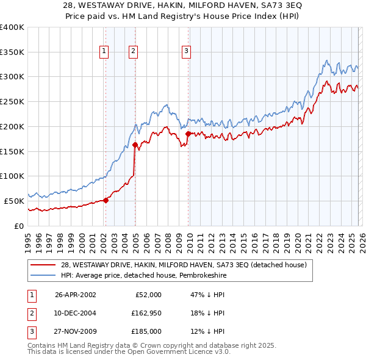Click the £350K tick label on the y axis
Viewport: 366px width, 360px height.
[12, 52]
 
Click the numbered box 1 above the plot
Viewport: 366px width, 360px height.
[105, 52]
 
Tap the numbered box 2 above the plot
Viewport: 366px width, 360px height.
[133, 52]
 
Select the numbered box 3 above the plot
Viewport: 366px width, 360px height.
[186, 52]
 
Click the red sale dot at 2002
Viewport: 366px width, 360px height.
[106, 200]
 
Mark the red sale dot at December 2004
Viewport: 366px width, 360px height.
[135, 145]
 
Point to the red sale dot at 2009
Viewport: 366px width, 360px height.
[188, 134]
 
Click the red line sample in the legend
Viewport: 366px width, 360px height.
[44, 264]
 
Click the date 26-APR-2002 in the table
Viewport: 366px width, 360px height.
[75, 294]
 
